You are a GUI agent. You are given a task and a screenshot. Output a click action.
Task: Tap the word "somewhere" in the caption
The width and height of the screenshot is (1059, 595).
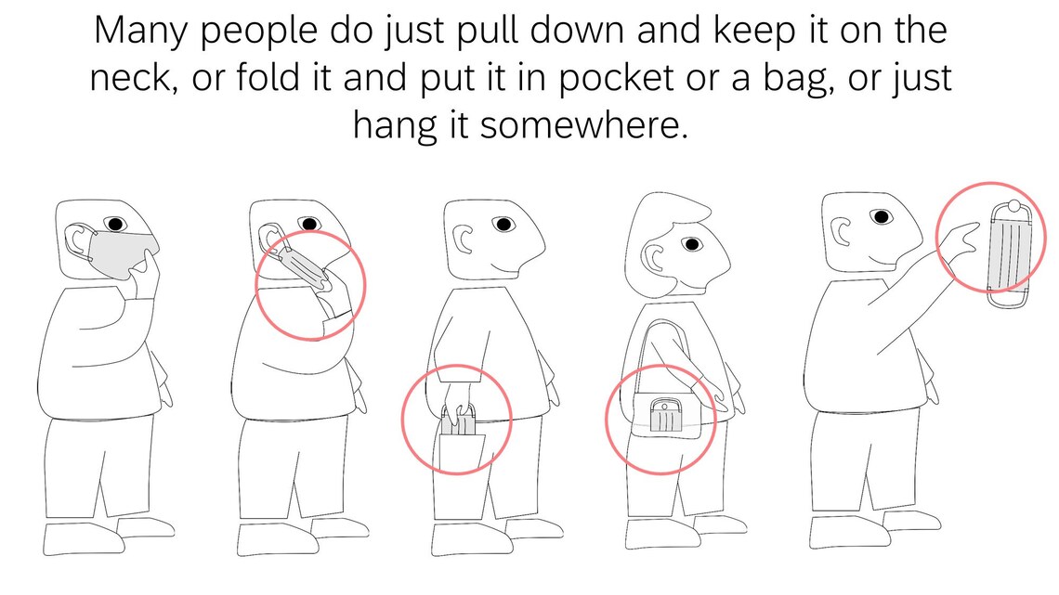583,124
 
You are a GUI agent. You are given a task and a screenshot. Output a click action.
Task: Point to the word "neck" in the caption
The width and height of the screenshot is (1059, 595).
133,77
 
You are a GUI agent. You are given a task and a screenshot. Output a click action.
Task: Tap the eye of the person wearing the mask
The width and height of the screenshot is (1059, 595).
115,224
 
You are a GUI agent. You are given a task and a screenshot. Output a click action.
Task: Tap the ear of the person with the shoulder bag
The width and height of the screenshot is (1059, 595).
654,257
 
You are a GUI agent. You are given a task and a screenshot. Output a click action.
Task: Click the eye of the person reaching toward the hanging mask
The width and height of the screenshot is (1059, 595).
881,217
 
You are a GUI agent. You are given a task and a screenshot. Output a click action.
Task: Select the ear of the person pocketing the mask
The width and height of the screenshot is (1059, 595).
463,240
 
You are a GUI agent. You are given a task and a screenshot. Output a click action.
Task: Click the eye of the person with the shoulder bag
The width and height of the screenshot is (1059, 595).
691,243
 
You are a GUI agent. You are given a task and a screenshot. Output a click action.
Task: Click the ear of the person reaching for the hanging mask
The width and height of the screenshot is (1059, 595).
842,233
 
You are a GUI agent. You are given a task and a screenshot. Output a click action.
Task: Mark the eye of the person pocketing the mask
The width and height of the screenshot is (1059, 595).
503,224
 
